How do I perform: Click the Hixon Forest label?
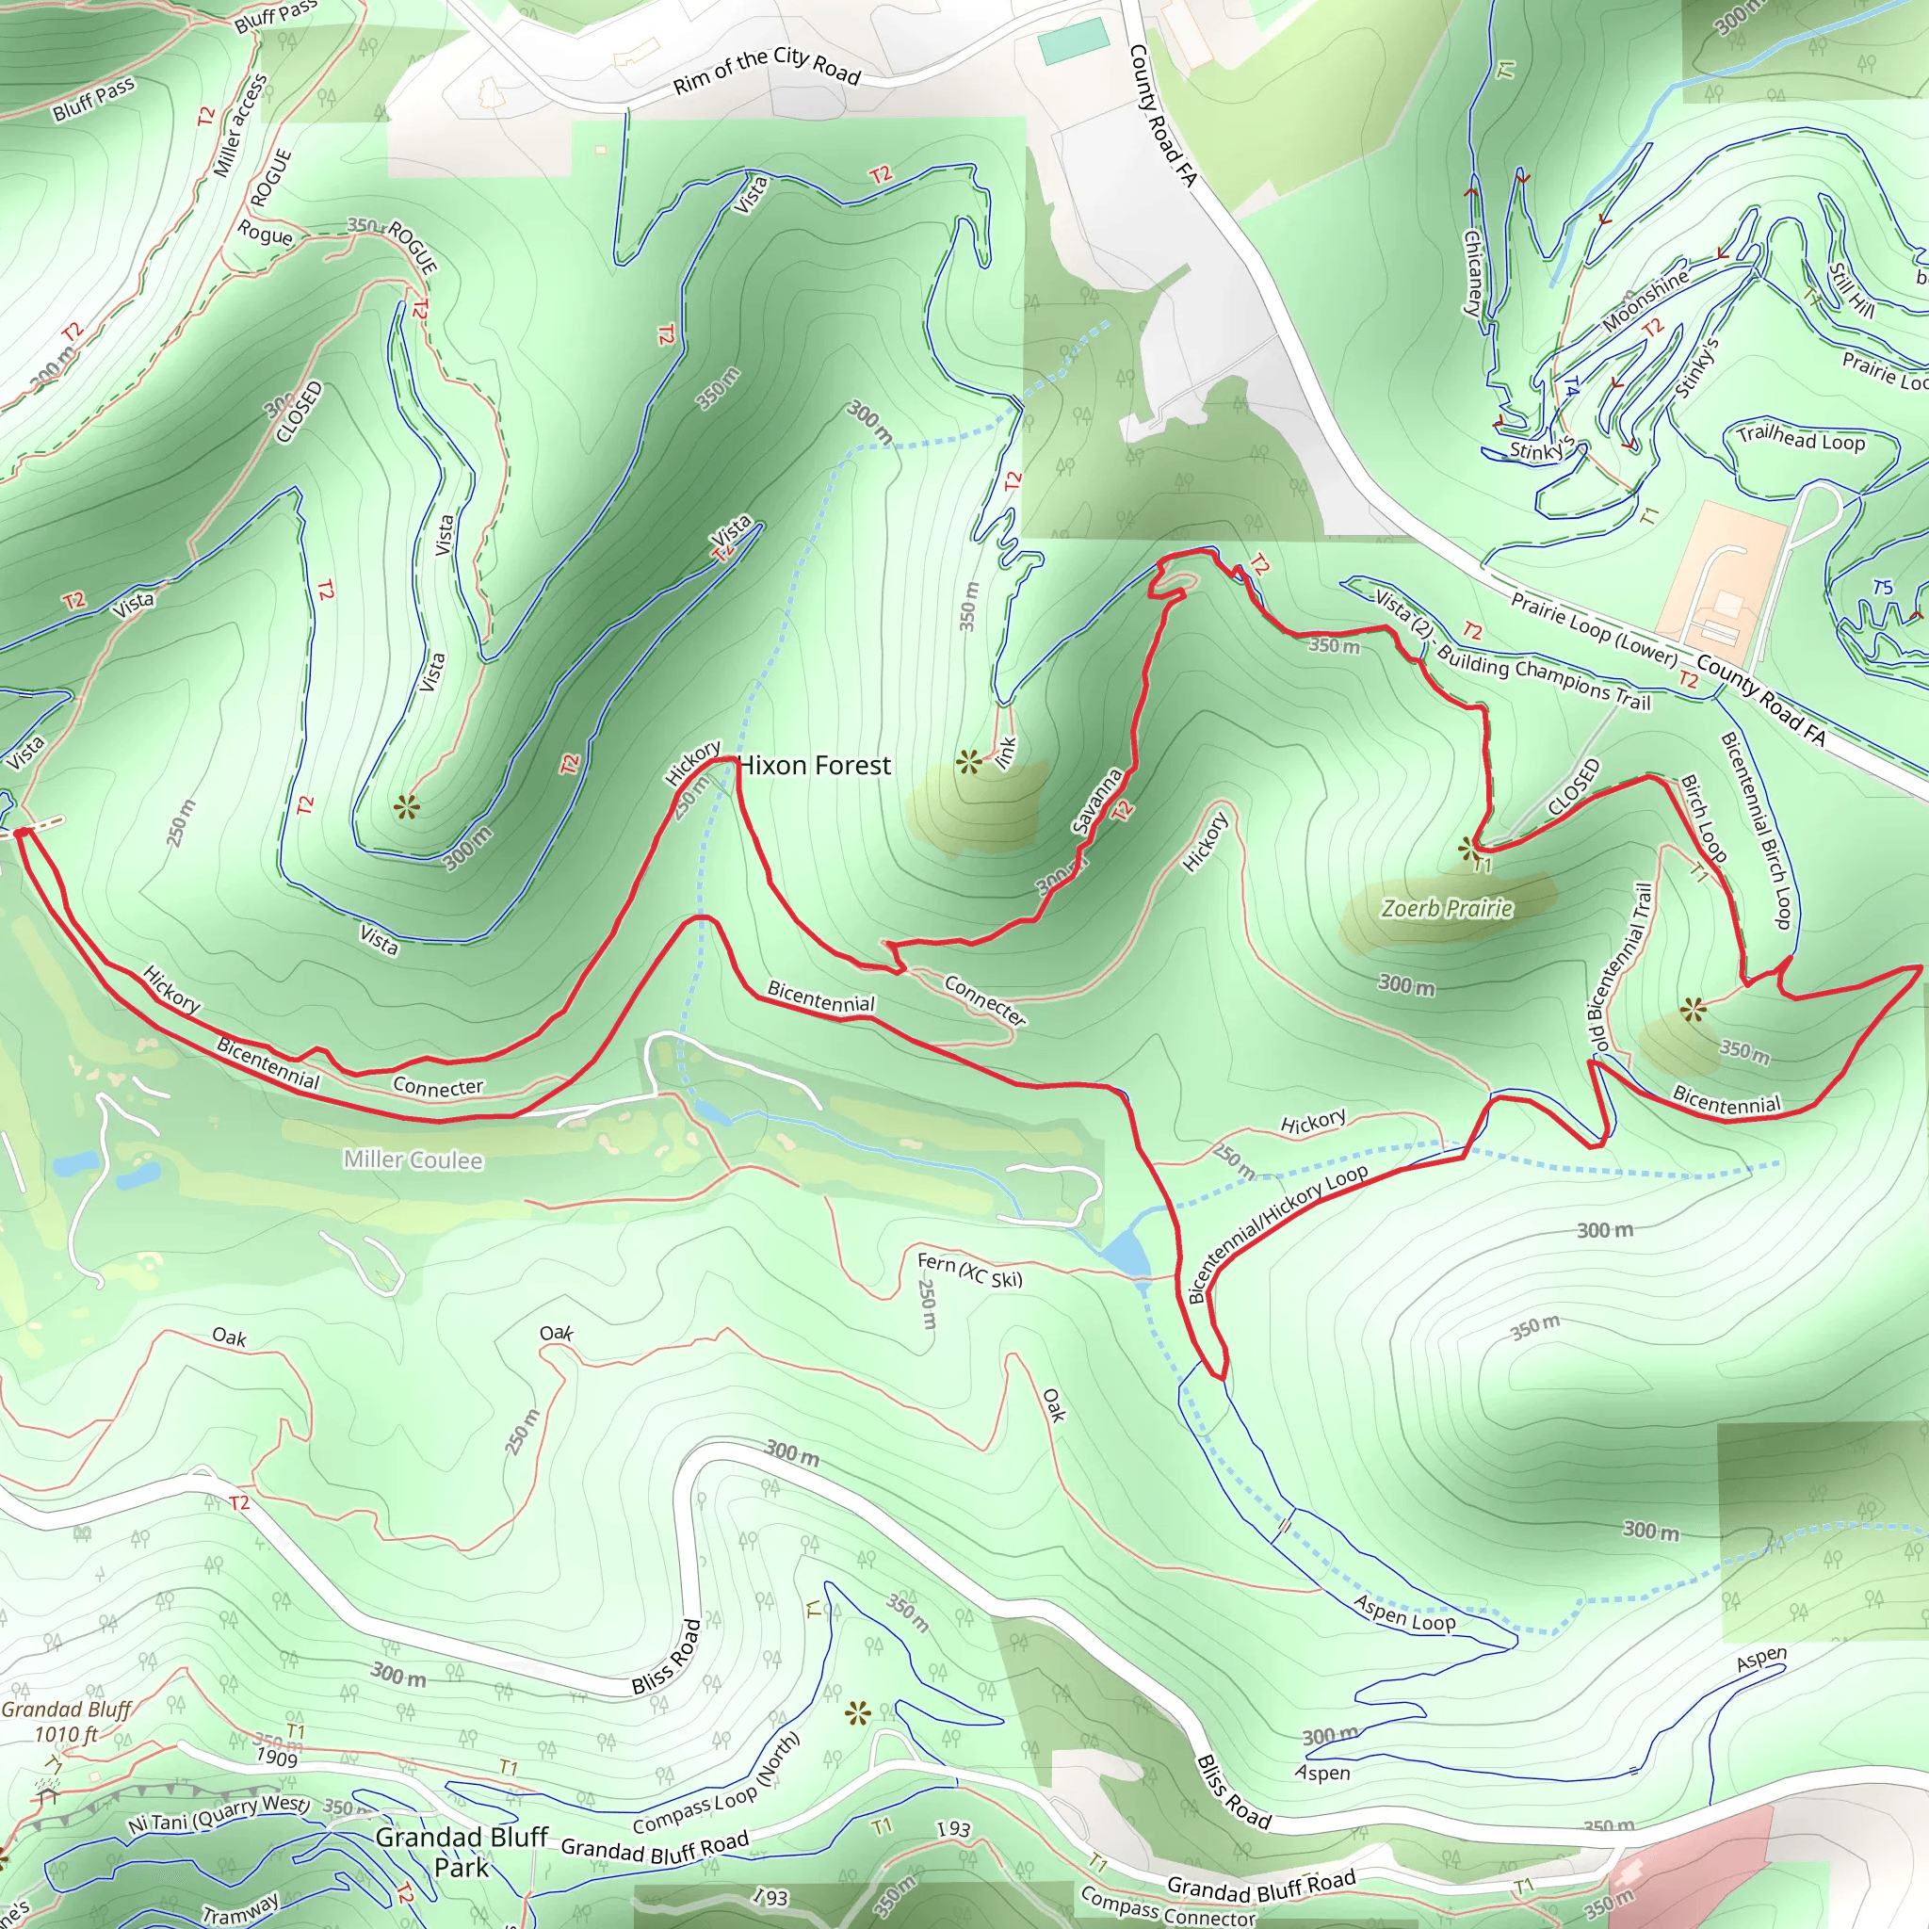[x=815, y=766]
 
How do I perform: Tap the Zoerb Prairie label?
[x=1447, y=909]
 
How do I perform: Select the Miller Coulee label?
[x=413, y=1160]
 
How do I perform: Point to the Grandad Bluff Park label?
[x=462, y=1852]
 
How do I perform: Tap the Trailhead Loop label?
[x=1800, y=438]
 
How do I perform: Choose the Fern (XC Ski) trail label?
[x=969, y=1271]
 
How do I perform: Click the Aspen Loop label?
[x=1404, y=1613]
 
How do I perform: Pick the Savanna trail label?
[x=1096, y=802]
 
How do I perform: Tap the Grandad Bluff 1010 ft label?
[x=66, y=1723]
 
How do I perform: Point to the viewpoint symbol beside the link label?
[x=968, y=763]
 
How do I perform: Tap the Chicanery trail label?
[x=1473, y=272]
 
